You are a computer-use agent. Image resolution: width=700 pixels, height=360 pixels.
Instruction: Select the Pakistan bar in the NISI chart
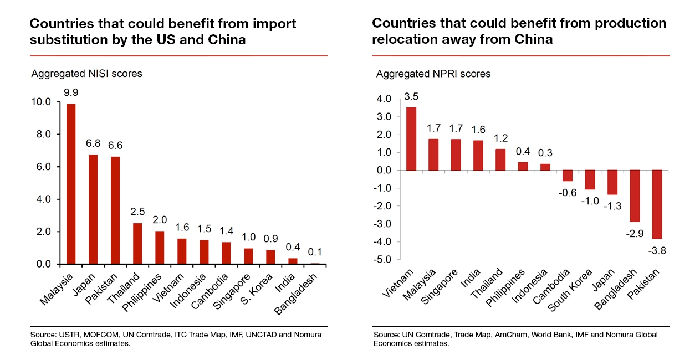pyautogui.click(x=115, y=210)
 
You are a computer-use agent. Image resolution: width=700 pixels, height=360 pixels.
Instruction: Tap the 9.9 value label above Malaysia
pyautogui.click(x=71, y=92)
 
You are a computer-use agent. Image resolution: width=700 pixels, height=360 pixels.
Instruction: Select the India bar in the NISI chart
pyautogui.click(x=293, y=261)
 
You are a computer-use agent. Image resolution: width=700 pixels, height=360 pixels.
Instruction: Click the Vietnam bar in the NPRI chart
pyautogui.click(x=411, y=138)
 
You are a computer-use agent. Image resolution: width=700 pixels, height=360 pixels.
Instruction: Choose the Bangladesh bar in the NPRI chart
pyautogui.click(x=634, y=196)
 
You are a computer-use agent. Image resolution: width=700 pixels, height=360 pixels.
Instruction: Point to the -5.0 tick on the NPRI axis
pyautogui.click(x=383, y=260)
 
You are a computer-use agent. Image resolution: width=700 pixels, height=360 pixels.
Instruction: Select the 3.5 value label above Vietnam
pyautogui.click(x=411, y=96)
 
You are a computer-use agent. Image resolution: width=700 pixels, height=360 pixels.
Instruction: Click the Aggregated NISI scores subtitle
pyautogui.click(x=86, y=74)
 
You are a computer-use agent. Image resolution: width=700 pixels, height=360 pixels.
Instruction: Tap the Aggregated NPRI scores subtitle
pyautogui.click(x=433, y=74)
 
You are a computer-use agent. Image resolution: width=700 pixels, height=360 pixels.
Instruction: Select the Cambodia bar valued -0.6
pyautogui.click(x=568, y=176)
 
